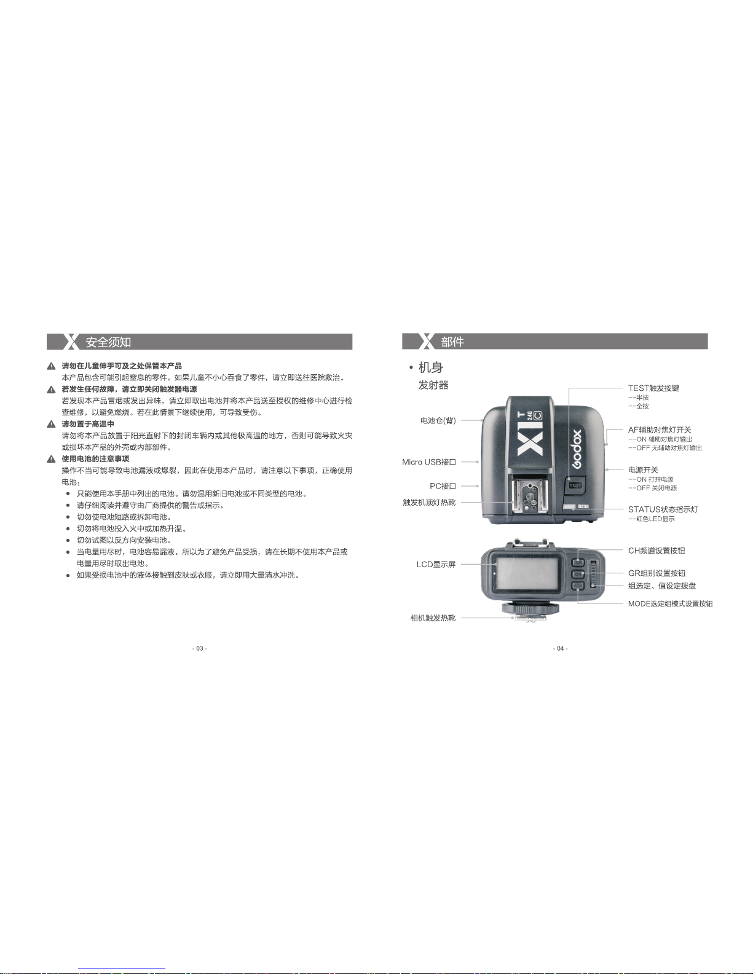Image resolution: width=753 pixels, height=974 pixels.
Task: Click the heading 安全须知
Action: click(x=108, y=342)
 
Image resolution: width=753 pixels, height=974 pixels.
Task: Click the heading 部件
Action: click(x=452, y=342)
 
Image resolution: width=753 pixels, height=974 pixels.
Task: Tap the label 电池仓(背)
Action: click(x=438, y=421)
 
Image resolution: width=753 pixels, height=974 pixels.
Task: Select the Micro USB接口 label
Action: click(x=429, y=462)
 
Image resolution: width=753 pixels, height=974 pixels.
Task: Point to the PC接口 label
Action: click(x=443, y=486)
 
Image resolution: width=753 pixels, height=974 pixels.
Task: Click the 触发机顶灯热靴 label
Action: click(x=429, y=503)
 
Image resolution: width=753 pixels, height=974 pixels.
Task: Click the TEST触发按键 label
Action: click(x=653, y=388)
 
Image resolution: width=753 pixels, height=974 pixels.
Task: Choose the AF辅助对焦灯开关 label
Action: click(x=660, y=430)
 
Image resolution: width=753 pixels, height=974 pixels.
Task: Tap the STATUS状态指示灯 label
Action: click(x=663, y=509)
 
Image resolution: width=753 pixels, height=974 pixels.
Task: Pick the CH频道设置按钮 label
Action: click(x=656, y=551)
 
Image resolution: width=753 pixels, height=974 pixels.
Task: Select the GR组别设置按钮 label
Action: click(x=656, y=573)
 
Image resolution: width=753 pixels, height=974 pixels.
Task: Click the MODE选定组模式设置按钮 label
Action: click(x=670, y=604)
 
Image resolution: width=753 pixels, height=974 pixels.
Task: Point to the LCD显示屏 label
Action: click(x=436, y=565)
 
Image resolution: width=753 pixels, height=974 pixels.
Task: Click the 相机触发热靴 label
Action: click(x=433, y=618)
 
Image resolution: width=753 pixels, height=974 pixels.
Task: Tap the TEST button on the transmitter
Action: click(x=575, y=485)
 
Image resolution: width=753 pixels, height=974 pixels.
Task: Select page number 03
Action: click(x=200, y=648)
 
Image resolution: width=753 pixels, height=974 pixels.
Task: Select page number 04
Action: click(x=560, y=648)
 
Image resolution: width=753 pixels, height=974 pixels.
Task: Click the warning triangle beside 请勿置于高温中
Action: click(x=52, y=425)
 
